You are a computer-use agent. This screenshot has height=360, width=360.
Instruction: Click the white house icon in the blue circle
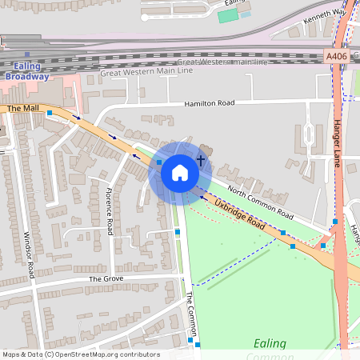pos(180,172)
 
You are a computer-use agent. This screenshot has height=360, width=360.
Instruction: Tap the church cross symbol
pos(201,161)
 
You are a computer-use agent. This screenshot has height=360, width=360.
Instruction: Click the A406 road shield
pos(337,56)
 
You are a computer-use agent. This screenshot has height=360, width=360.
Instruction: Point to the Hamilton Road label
pos(208,103)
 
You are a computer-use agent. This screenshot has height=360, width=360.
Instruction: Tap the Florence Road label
pos(110,210)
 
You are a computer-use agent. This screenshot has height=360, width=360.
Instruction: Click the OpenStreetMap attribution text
pos(80,354)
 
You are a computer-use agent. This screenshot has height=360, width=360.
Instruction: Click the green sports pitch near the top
pos(228,16)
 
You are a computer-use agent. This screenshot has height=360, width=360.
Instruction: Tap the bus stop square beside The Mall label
pos(50,113)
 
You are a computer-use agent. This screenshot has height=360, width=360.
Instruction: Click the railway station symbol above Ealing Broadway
pos(27,55)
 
